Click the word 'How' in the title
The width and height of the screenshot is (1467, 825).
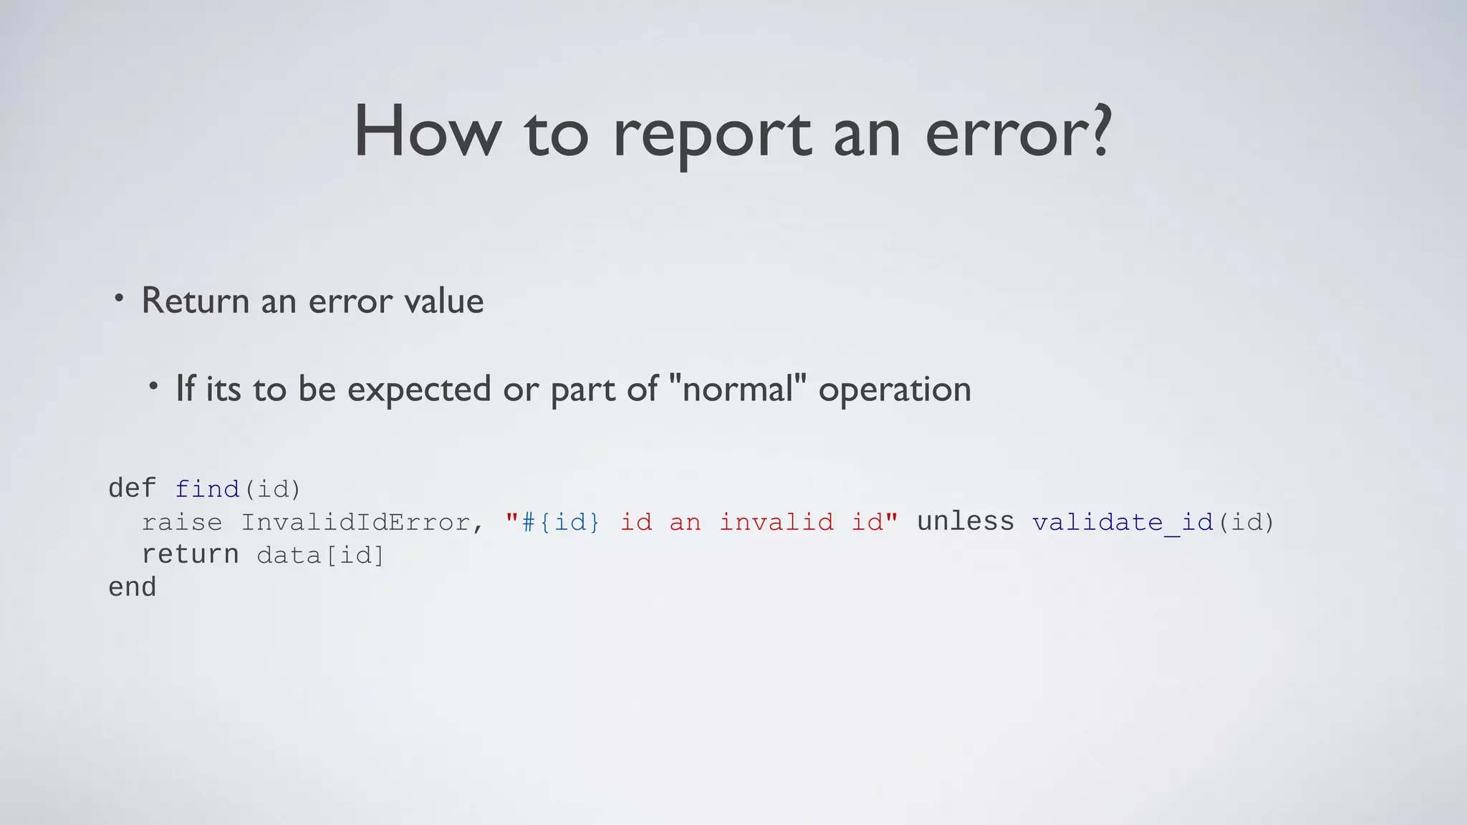point(428,132)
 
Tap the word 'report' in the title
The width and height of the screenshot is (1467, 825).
point(712,136)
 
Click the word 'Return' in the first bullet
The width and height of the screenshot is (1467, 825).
point(196,301)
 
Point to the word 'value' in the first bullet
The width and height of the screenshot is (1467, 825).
point(444,301)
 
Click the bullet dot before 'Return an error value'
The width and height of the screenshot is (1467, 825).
point(119,297)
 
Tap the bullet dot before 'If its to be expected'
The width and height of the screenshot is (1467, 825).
point(153,387)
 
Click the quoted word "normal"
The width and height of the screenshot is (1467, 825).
point(737,389)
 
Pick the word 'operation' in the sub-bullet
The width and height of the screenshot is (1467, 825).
point(895,390)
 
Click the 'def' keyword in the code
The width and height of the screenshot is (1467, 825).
point(132,489)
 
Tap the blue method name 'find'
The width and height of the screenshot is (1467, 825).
point(207,489)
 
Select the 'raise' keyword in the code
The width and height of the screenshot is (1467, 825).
point(182,522)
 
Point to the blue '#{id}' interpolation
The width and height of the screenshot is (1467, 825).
point(561,522)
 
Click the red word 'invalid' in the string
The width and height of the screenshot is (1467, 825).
point(776,522)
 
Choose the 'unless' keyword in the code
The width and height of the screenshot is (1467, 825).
point(966,521)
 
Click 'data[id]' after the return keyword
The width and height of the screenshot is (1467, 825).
point(320,555)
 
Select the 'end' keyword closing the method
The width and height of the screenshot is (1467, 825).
point(132,588)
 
